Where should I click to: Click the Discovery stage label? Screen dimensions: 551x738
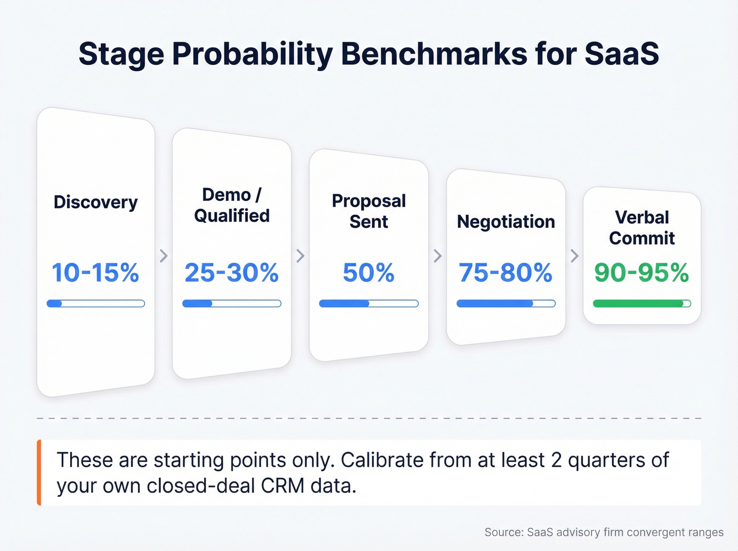click(95, 202)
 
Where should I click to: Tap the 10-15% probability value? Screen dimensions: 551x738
click(95, 273)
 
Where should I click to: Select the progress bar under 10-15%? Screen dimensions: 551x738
click(95, 304)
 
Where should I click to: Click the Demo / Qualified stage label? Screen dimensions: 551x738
click(231, 205)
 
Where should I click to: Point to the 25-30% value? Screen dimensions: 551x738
click(231, 273)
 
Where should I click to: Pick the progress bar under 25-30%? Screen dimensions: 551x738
click(231, 304)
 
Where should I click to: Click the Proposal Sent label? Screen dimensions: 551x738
click(368, 211)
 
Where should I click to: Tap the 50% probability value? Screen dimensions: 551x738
click(368, 273)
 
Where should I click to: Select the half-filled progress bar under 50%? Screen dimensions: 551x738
click(368, 304)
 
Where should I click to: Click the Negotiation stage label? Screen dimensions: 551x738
click(506, 222)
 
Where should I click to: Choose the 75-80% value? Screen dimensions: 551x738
click(506, 273)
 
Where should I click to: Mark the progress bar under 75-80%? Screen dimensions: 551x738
click(506, 304)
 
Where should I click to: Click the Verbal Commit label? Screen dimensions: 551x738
click(642, 228)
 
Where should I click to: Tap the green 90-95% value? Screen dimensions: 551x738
click(642, 273)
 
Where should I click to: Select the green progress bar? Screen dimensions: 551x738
click(642, 304)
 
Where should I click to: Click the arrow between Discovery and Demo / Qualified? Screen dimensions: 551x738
click(164, 256)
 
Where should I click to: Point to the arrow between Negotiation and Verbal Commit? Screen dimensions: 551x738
click(575, 256)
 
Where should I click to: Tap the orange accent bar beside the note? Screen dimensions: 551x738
click(39, 472)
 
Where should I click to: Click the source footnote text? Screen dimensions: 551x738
click(604, 533)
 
